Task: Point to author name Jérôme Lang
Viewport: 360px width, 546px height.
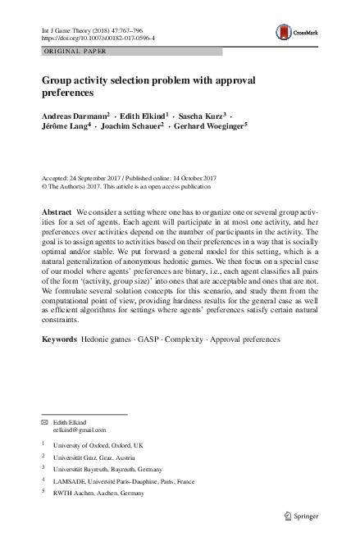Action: pyautogui.click(x=65, y=128)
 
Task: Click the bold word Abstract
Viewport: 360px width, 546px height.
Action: pyautogui.click(x=57, y=212)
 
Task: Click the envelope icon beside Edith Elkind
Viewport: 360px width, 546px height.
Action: pyautogui.click(x=46, y=421)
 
